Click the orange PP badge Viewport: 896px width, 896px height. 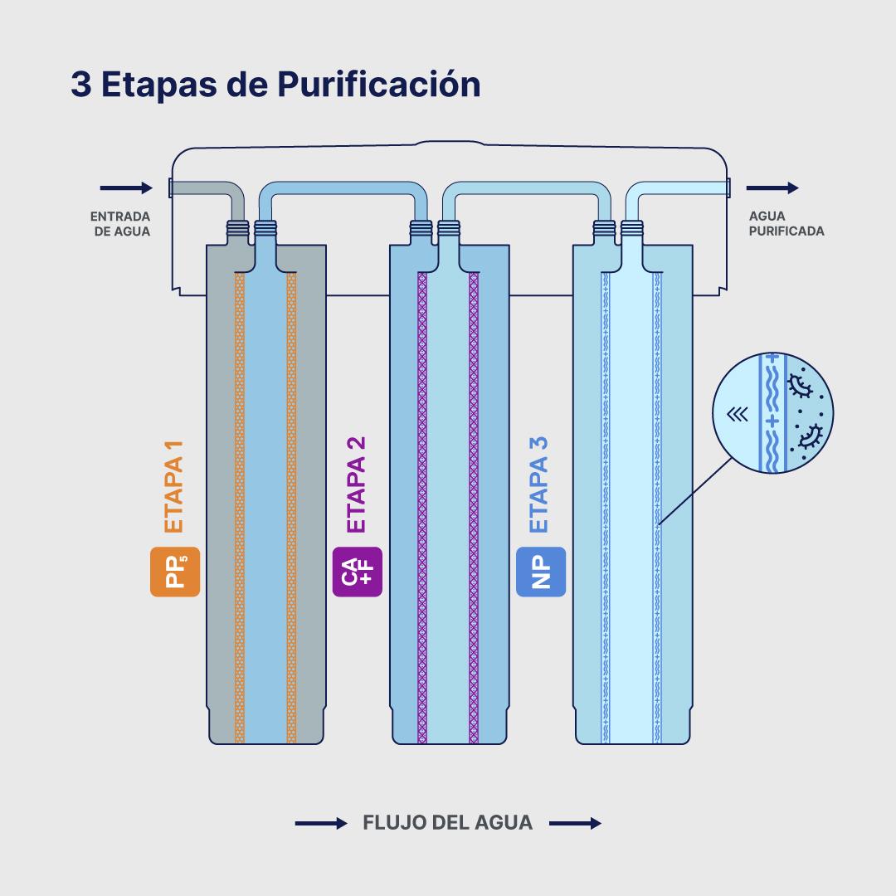175,572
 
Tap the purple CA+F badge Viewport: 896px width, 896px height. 358,572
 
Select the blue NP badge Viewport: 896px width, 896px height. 541,572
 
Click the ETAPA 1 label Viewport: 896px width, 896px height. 173,485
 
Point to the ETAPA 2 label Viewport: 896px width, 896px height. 357,485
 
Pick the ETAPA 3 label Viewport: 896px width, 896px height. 539,485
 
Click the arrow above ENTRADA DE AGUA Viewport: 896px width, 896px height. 126,188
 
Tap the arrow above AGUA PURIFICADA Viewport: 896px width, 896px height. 772,188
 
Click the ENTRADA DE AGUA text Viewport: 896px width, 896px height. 121,224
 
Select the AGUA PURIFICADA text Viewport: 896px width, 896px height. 786,224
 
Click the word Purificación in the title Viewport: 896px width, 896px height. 378,85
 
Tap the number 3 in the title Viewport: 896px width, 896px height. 80,85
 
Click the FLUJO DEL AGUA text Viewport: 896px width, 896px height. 448,824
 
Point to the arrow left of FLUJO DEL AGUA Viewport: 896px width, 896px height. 321,824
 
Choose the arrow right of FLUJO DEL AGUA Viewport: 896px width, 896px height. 575,824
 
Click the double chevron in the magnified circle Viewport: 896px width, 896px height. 735,415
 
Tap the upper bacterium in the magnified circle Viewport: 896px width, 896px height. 801,384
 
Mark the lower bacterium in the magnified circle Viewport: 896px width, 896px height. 808,435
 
